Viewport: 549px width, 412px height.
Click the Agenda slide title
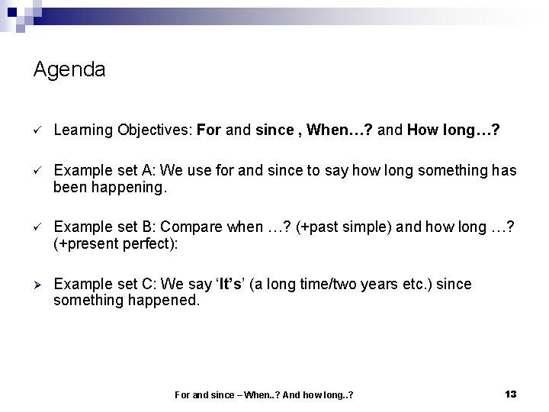(x=69, y=70)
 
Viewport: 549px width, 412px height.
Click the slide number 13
(x=511, y=394)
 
